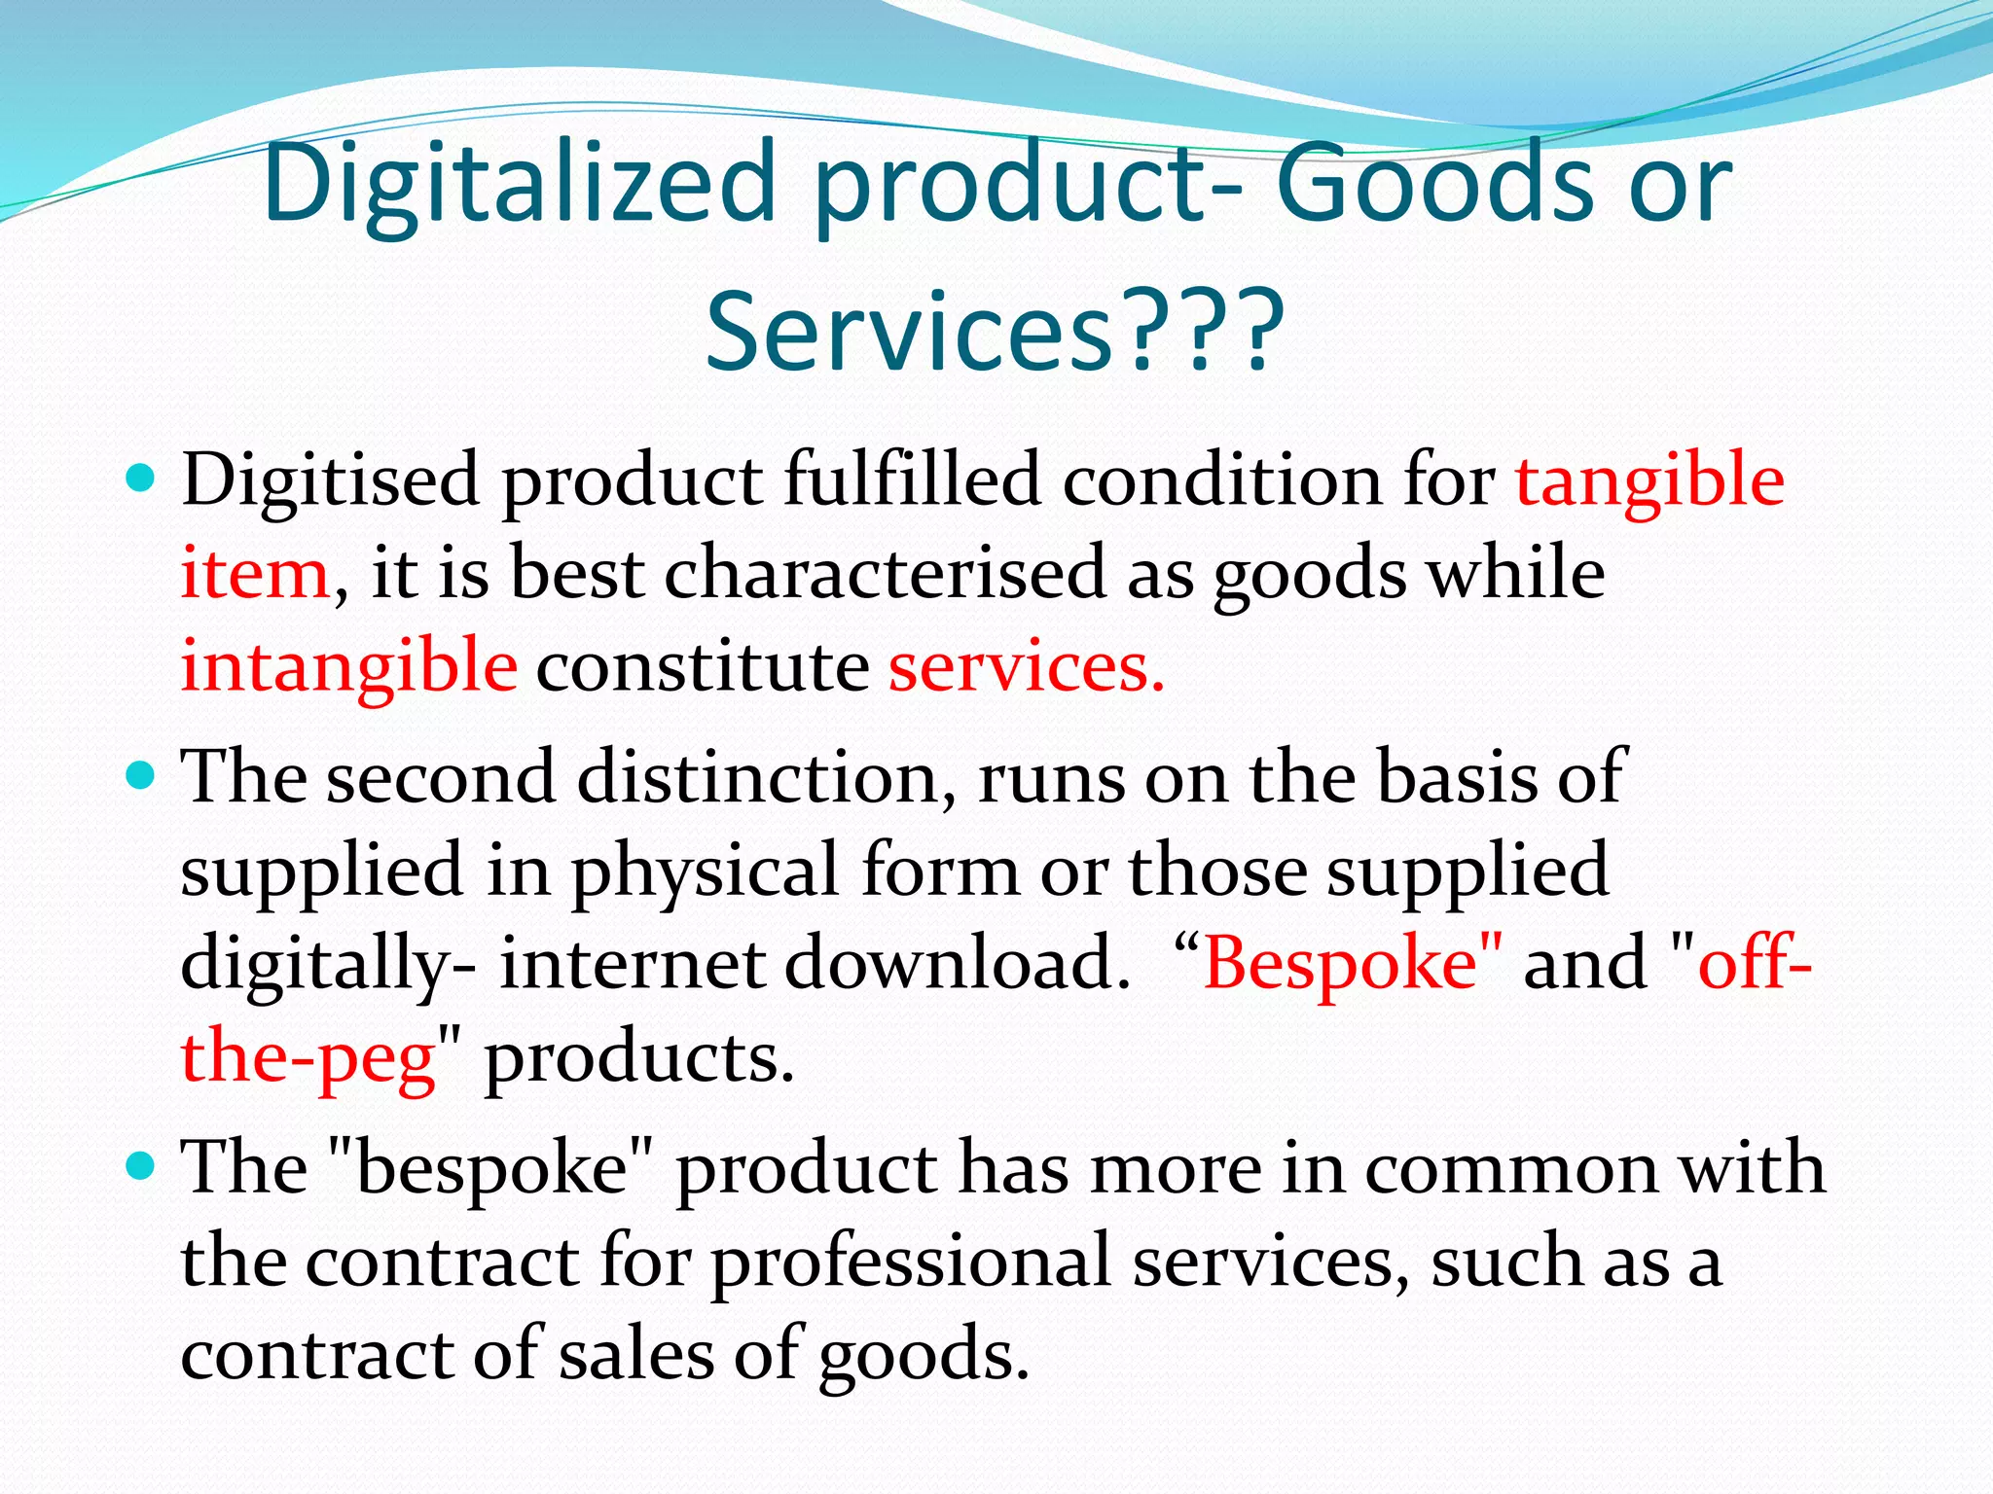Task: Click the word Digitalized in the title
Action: click(x=519, y=184)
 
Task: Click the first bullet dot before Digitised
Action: click(x=141, y=479)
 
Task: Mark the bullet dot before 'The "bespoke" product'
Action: click(x=141, y=1165)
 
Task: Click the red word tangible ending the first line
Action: click(x=1649, y=480)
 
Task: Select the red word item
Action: click(x=255, y=574)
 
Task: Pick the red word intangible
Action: click(x=348, y=667)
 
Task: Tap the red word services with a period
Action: click(x=1026, y=667)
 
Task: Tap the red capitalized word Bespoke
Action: click(x=1340, y=963)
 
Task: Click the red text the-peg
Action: click(x=308, y=1057)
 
